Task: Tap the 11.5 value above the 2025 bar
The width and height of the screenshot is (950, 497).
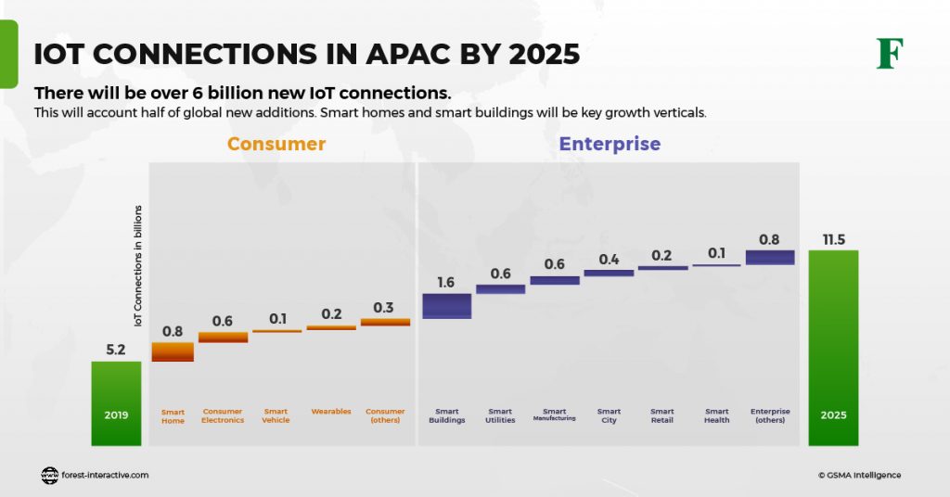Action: pos(833,239)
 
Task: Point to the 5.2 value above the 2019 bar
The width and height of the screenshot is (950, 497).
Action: pos(116,350)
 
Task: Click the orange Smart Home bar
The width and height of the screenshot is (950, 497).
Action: pos(173,351)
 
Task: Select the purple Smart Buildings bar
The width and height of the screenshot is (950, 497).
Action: pos(447,306)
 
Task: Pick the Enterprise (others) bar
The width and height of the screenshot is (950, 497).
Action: pos(770,257)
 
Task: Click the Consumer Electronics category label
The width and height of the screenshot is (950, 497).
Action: pos(223,415)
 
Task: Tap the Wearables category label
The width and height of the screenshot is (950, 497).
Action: pos(331,411)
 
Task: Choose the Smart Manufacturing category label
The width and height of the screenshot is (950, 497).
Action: pos(555,414)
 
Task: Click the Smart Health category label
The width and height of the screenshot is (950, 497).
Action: pos(716,415)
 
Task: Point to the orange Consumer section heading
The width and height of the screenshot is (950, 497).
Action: pos(276,144)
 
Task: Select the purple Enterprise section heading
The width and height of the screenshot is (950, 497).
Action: pos(610,144)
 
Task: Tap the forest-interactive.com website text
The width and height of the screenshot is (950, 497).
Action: pos(106,475)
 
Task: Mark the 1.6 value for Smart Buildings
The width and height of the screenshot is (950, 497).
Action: pos(446,282)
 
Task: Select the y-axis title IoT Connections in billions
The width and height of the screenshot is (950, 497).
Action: pos(138,265)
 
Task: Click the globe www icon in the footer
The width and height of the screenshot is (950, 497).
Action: pos(50,475)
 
